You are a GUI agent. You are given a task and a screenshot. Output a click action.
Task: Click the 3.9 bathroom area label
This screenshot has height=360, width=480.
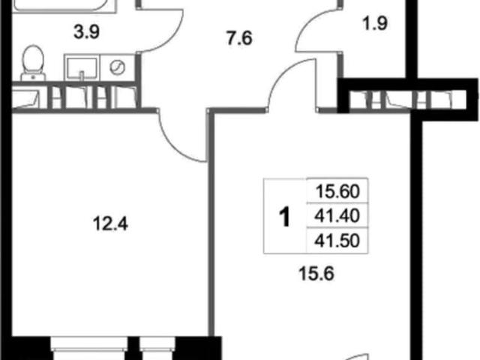click(x=87, y=31)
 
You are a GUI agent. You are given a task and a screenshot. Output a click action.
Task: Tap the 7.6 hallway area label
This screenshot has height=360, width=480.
click(x=239, y=38)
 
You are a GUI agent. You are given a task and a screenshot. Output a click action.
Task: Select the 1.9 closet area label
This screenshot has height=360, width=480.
click(x=375, y=23)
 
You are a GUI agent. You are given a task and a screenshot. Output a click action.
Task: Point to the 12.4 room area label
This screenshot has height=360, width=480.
click(x=110, y=223)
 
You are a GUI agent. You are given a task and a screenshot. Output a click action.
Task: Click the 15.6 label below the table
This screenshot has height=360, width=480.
click(x=316, y=273)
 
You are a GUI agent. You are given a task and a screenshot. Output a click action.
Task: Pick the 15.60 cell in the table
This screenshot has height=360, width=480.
click(x=337, y=191)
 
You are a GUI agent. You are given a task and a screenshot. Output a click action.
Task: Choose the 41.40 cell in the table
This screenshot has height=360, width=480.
click(x=337, y=216)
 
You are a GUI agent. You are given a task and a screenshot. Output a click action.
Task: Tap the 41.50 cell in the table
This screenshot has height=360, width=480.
click(x=337, y=241)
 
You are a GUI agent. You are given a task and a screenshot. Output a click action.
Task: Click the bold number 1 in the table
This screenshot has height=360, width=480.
click(x=285, y=217)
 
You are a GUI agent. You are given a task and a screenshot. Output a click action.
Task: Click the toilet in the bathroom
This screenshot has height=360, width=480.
click(x=33, y=63)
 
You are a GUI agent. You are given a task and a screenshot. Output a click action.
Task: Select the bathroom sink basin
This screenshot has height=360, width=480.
click(x=82, y=68)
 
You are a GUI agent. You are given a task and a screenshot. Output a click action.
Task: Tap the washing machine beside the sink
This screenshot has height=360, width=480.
click(x=118, y=68)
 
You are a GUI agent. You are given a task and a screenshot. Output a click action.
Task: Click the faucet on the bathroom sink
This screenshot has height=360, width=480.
click(x=82, y=76)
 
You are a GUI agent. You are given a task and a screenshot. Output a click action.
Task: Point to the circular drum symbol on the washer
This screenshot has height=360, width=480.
click(x=118, y=67)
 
